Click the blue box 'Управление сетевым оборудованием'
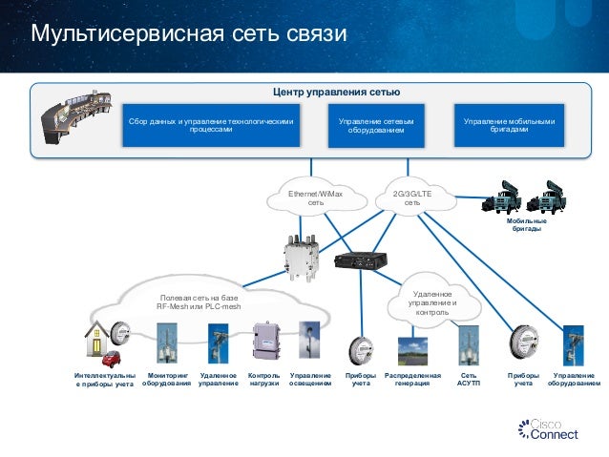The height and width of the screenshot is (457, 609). pyautogui.click(x=376, y=127)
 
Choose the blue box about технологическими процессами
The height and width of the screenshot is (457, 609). pyautogui.click(x=219, y=127)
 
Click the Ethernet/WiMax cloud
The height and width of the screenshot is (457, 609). pyautogui.click(x=316, y=197)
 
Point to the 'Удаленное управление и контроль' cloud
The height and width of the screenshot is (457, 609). pyautogui.click(x=432, y=302)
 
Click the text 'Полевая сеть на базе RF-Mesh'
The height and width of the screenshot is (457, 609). pyautogui.click(x=199, y=302)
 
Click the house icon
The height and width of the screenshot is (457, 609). pyautogui.click(x=96, y=341)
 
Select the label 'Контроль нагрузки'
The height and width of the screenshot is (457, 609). pyautogui.click(x=263, y=380)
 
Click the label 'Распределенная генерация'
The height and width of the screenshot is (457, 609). pyautogui.click(x=412, y=380)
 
